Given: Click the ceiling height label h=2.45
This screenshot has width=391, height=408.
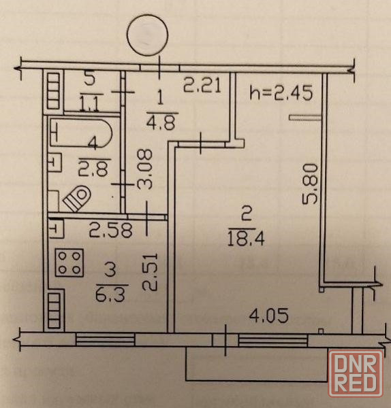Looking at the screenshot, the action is [281, 93].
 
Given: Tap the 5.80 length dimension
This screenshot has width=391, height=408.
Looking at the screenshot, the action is [310, 184].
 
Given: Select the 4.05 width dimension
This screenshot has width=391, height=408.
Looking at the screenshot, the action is [269, 316].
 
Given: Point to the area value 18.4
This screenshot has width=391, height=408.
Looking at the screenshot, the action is [246, 239].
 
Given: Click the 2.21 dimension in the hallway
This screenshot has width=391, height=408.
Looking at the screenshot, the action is [202, 85].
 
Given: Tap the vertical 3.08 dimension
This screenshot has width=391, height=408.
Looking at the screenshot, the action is [144, 169].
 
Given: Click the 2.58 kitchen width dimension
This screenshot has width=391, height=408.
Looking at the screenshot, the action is [111, 230].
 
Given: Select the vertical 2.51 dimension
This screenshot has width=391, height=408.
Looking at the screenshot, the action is [150, 271].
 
